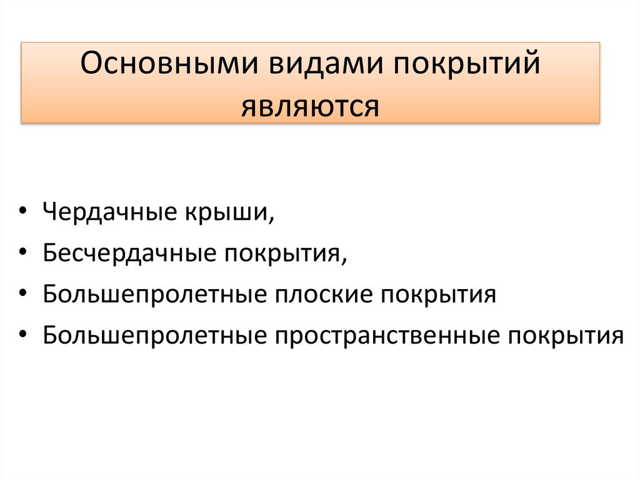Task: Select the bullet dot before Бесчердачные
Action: pos(23,253)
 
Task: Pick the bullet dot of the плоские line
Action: pos(23,294)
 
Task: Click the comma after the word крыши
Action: pos(272,220)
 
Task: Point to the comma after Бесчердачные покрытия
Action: pos(344,261)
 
